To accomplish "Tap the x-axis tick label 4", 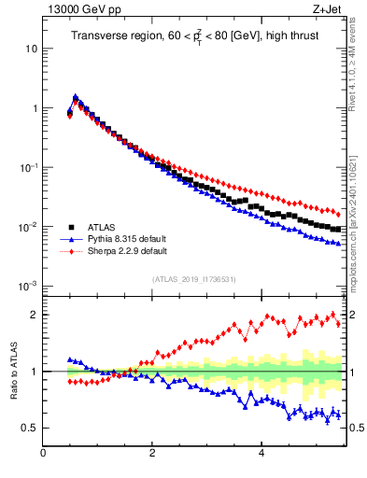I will point(261,455).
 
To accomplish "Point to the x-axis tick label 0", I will point(44,455).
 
